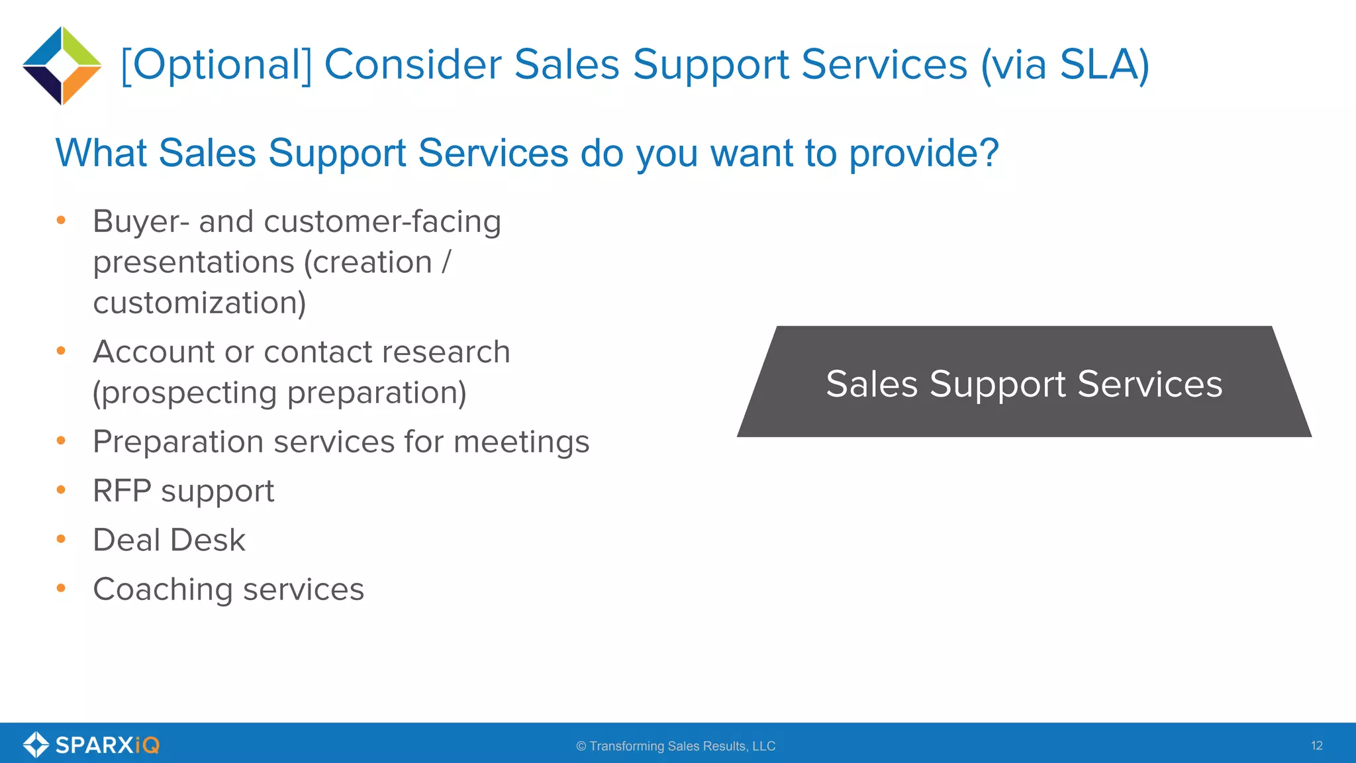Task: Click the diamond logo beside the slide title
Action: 62,66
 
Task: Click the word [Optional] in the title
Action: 216,65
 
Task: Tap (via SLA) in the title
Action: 1065,65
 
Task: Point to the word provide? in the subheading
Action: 924,153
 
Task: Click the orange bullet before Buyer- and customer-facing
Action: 61,220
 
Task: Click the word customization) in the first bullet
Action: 199,303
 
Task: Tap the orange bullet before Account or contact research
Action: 61,350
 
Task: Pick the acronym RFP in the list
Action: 122,491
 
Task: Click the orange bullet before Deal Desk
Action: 61,539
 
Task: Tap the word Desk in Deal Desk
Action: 208,540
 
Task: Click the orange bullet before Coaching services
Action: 61,588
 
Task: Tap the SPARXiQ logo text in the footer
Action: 107,745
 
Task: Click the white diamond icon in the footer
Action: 36,744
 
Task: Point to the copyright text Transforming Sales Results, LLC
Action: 682,746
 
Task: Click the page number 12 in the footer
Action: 1316,746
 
